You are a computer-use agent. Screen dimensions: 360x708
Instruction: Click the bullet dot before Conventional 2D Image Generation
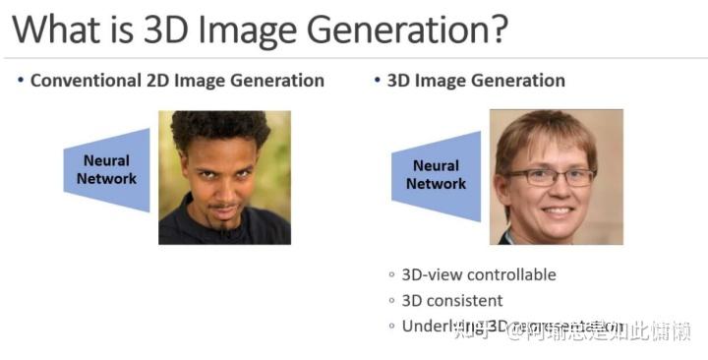(20, 80)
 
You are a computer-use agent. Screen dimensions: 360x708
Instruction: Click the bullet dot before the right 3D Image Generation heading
(379, 80)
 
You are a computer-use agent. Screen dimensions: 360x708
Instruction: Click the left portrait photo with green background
(224, 177)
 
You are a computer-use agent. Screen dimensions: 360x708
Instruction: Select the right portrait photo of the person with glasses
(556, 177)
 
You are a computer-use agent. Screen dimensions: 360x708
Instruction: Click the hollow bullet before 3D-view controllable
(392, 275)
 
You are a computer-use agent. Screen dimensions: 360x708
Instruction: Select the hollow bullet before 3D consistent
(392, 301)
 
